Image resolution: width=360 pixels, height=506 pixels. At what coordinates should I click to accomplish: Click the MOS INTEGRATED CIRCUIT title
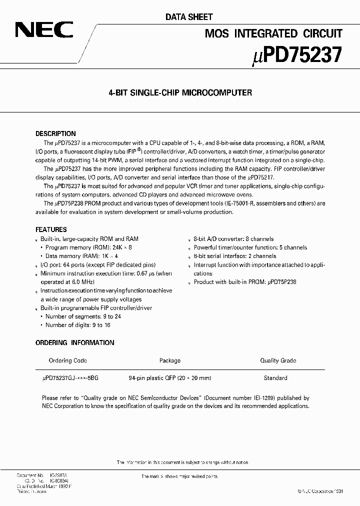pyautogui.click(x=274, y=34)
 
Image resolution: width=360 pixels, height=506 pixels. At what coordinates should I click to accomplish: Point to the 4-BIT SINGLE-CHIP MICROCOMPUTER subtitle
pyautogui.click(x=180, y=92)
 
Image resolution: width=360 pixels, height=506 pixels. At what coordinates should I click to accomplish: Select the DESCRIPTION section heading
pyautogui.click(x=55, y=134)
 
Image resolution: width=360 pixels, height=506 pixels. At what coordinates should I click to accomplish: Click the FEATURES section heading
pyautogui.click(x=51, y=229)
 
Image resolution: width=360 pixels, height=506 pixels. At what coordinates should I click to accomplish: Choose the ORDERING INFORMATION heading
pyautogui.click(x=75, y=342)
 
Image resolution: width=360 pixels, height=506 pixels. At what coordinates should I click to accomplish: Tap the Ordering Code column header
pyautogui.click(x=68, y=360)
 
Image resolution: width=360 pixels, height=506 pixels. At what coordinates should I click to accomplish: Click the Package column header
pyautogui.click(x=169, y=360)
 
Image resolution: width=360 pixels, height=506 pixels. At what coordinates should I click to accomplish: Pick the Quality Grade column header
pyautogui.click(x=278, y=360)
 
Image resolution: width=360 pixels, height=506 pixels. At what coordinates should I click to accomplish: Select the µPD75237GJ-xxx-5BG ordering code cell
pyautogui.click(x=71, y=378)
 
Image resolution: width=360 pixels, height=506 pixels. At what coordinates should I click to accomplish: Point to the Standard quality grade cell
pyautogui.click(x=275, y=378)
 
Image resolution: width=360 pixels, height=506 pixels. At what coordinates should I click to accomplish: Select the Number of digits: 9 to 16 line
pyautogui.click(x=77, y=325)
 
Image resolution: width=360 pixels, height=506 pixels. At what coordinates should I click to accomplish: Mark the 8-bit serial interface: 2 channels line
pyautogui.click(x=234, y=256)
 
